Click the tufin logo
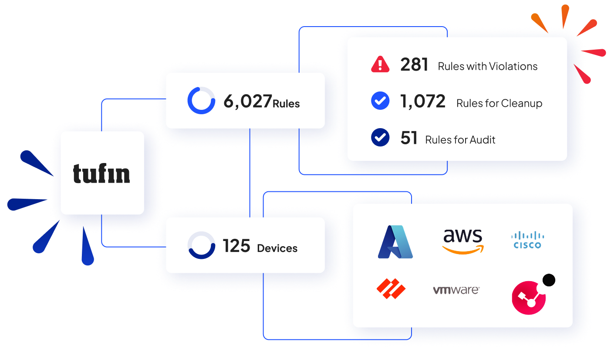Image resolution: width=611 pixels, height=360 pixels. click(101, 173)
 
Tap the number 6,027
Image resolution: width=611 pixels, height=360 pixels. click(247, 102)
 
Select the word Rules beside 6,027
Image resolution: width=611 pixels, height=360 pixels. click(286, 104)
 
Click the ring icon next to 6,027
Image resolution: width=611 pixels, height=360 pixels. click(201, 101)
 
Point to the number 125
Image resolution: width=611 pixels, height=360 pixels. click(236, 246)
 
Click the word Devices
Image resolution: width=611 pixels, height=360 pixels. click(277, 248)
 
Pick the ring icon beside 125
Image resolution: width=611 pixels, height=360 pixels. click(201, 245)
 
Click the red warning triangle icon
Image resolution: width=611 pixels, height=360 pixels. click(380, 65)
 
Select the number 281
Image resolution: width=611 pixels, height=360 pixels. click(414, 65)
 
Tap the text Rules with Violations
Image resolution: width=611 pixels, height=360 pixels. click(487, 66)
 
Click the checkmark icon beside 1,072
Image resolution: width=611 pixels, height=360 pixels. click(380, 101)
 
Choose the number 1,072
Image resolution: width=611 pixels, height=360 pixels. click(423, 102)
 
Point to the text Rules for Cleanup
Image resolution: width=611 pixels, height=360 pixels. click(499, 103)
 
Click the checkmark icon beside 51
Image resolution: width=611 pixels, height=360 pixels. click(380, 137)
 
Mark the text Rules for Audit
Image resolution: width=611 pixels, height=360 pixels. click(460, 139)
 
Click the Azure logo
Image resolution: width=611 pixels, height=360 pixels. click(395, 242)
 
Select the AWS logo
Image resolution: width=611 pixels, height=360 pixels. click(462, 241)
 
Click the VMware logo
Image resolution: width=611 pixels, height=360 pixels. click(456, 290)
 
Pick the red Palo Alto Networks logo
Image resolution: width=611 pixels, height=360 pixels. click(391, 289)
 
